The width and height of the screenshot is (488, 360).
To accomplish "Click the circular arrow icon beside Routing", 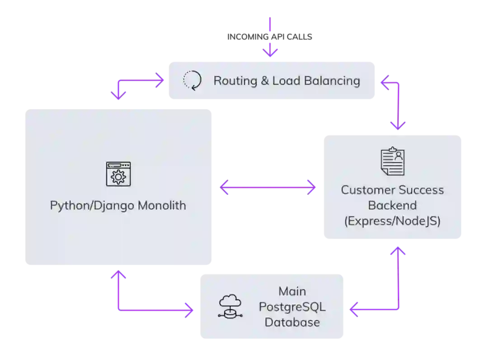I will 192,81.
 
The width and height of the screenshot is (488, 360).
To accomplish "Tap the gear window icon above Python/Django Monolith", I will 118,174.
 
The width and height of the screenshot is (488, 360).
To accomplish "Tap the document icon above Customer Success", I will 392,161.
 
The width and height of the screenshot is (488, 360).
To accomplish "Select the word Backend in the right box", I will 392,206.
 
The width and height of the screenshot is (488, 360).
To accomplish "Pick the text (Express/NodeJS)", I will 392,221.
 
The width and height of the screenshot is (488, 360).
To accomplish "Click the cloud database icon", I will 230,306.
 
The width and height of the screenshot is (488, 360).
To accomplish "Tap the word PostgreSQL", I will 292,307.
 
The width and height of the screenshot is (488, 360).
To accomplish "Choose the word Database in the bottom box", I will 292,322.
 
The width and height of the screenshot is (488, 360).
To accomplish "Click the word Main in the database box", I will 292,291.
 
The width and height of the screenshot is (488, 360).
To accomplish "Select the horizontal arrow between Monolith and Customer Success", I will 267,187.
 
